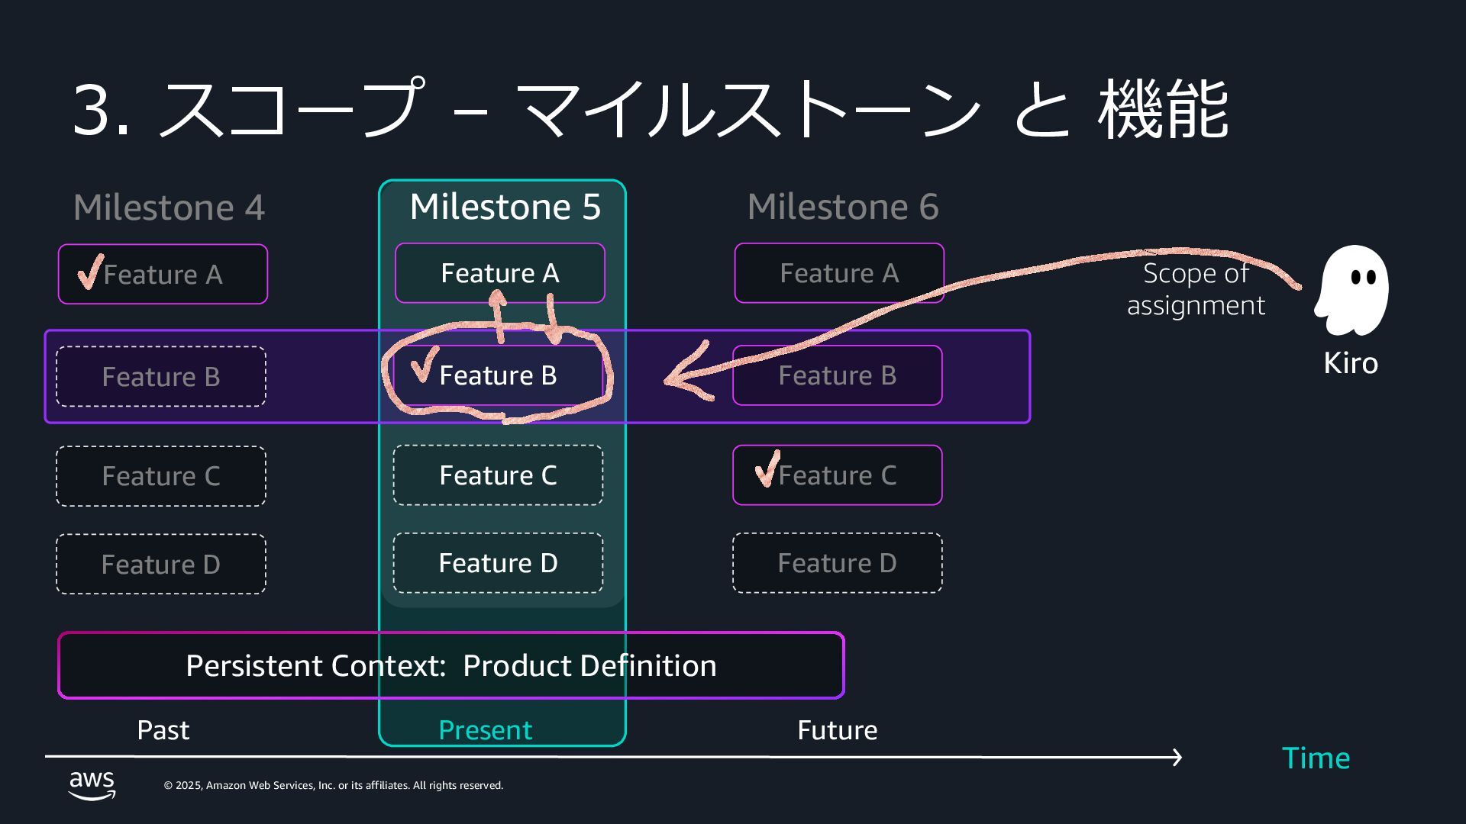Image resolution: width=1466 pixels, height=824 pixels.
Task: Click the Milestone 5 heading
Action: click(505, 207)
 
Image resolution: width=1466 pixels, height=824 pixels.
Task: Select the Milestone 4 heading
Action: click(169, 208)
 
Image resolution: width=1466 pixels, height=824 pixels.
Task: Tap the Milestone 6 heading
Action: click(842, 207)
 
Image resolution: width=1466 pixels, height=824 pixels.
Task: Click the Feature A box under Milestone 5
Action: click(499, 273)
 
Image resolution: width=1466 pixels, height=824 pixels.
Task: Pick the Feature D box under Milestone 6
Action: click(837, 563)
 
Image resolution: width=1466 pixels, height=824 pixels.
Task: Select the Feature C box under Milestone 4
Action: click(160, 476)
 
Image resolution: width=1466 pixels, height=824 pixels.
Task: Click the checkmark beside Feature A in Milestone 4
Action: click(89, 272)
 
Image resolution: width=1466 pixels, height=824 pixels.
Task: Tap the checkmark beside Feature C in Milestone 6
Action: click(767, 468)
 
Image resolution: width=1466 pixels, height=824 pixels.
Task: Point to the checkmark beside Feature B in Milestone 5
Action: click(423, 365)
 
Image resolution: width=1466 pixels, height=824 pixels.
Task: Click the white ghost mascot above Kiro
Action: click(1351, 290)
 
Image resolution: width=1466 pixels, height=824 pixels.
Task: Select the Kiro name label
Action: click(1350, 363)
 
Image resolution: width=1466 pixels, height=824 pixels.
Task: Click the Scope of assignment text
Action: click(1196, 289)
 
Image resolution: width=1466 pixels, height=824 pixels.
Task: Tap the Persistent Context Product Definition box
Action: click(450, 665)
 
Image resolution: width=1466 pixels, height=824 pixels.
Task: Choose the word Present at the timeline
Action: click(485, 730)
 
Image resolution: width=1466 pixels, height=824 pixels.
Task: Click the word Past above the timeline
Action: click(163, 730)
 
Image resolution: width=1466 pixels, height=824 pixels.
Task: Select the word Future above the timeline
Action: click(837, 730)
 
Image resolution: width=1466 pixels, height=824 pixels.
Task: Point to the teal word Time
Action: click(1315, 758)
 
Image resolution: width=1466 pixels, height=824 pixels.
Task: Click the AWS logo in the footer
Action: click(92, 784)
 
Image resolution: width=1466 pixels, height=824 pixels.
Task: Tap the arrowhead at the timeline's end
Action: click(1177, 757)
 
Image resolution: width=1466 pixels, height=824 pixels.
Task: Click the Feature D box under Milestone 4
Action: click(160, 565)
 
